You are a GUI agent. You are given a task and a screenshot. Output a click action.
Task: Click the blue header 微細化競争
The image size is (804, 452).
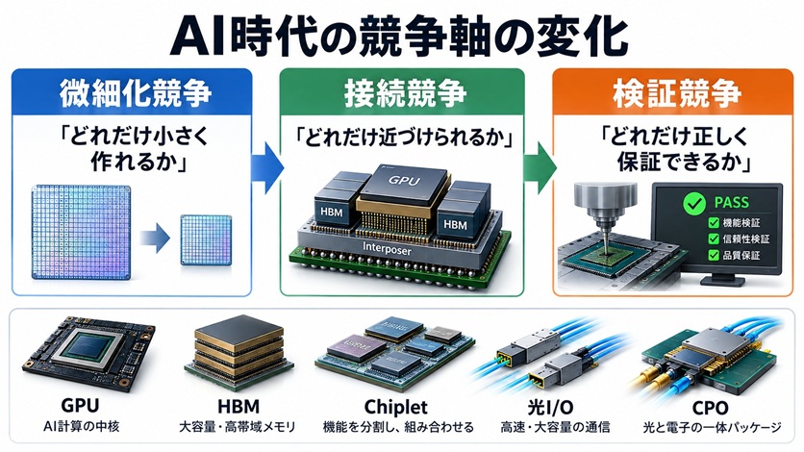click(136, 92)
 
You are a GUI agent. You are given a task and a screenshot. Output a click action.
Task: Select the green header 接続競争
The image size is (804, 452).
click(405, 92)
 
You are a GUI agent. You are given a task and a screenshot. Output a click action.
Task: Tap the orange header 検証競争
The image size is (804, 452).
click(677, 92)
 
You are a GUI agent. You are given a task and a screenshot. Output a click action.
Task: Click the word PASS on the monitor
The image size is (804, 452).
click(731, 202)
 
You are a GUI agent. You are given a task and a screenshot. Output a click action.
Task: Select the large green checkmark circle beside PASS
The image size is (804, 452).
click(694, 203)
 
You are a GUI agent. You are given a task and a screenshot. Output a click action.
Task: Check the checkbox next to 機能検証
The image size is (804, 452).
click(714, 223)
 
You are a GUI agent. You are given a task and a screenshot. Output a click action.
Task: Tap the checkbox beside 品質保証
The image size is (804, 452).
click(714, 255)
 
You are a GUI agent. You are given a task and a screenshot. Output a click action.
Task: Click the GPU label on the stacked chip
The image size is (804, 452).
click(404, 181)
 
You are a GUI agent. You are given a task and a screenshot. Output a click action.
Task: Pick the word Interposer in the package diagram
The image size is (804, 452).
click(387, 249)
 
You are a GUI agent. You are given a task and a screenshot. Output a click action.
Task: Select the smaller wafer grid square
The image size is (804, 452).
click(206, 239)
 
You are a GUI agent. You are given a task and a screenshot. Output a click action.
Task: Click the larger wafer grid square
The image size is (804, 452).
click(81, 232)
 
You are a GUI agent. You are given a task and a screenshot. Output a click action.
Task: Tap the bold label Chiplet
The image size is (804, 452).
click(395, 407)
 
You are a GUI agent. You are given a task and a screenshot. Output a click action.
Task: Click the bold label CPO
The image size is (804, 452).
click(710, 408)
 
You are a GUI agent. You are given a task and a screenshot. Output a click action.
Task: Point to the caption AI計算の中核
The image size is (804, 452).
click(82, 426)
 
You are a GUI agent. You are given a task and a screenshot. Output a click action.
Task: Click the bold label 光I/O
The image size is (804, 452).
click(551, 408)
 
